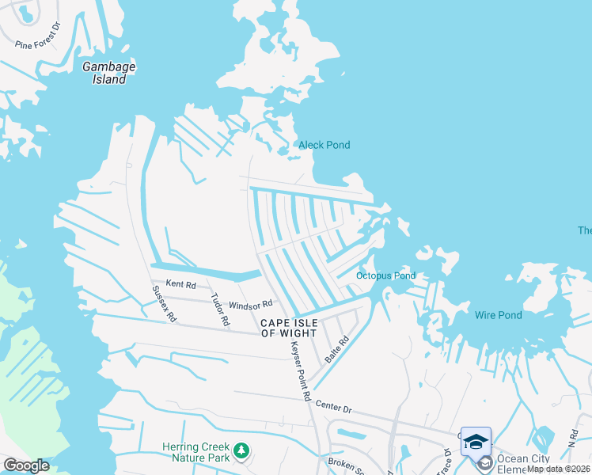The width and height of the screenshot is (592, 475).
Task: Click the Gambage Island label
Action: [109, 73]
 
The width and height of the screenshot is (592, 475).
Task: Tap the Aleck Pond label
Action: [324, 145]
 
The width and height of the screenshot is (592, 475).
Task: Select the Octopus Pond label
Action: [385, 275]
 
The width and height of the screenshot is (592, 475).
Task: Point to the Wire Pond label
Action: [498, 315]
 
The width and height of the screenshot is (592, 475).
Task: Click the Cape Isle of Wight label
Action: [293, 328]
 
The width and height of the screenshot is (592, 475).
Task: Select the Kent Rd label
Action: [180, 283]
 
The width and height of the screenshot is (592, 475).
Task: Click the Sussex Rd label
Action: [165, 304]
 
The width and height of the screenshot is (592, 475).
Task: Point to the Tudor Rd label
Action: [219, 310]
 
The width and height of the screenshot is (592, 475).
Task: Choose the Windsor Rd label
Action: [251, 304]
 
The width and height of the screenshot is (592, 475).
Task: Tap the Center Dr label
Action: [333, 407]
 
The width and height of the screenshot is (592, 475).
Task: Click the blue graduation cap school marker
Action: [476, 442]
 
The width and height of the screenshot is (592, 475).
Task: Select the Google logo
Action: [25, 465]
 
